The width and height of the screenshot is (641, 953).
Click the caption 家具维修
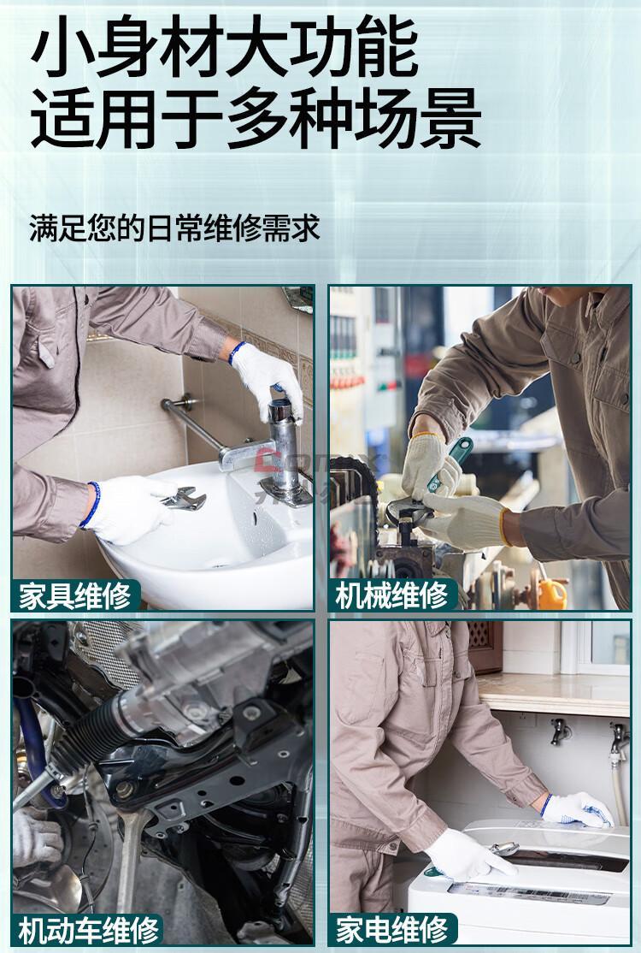pos(74,595)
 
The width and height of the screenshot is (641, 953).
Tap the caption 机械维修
pos(392,595)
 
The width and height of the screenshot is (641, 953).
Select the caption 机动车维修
pos(89,930)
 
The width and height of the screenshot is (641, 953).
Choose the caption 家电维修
pos(392,930)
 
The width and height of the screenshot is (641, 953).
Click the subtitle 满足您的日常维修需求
pos(174,228)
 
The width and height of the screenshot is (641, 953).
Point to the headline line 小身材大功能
pos(225,47)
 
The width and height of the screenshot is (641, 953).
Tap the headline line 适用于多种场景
pos(256,119)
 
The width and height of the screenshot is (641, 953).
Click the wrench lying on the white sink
pos(184,498)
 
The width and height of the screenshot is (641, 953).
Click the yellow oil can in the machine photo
pos(552,593)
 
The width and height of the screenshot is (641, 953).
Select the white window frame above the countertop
pos(595,648)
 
